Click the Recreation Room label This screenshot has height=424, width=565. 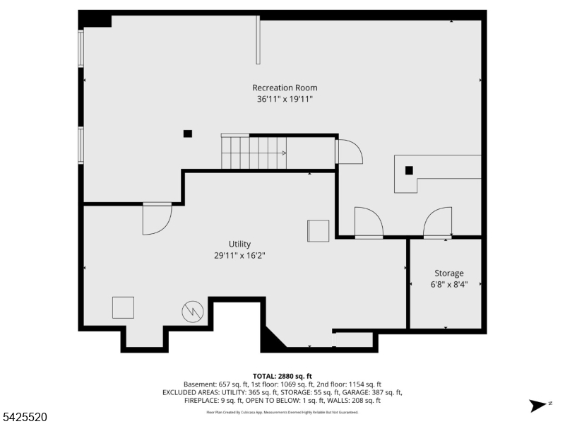[x=285, y=88]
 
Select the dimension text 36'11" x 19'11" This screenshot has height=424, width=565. [x=285, y=100]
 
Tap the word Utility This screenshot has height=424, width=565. [x=239, y=245]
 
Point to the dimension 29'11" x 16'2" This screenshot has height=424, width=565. [x=239, y=257]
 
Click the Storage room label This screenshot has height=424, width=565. [x=448, y=273]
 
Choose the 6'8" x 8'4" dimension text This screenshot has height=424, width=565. [x=448, y=285]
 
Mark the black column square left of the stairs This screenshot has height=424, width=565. [x=187, y=133]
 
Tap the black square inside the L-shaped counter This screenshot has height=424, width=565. [x=409, y=170]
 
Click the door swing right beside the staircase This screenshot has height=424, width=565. [x=348, y=152]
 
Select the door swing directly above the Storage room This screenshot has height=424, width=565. [x=438, y=223]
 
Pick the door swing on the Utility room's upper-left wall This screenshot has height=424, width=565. [x=156, y=218]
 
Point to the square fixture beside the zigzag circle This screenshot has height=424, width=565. [x=123, y=307]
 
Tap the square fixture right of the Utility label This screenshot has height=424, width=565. [x=318, y=231]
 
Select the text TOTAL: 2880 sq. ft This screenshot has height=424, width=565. [x=282, y=376]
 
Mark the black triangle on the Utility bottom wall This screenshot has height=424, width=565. [x=271, y=338]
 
